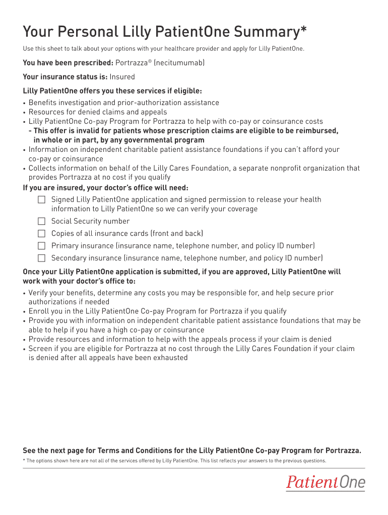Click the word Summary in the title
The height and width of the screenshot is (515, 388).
coord(260,33)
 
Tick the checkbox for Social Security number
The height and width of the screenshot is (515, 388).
coord(41,221)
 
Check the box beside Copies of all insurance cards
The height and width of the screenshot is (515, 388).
coord(41,233)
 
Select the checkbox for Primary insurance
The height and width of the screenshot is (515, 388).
coord(41,246)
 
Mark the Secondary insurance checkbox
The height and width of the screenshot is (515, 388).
coord(41,258)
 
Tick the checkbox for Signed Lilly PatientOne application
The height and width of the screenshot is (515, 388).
coord(41,200)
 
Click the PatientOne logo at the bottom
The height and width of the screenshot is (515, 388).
coord(326,483)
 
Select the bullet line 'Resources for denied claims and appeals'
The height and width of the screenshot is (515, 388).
coord(98,112)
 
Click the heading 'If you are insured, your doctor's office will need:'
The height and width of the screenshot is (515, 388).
coord(106,188)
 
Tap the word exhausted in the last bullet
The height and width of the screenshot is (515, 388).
coord(168,358)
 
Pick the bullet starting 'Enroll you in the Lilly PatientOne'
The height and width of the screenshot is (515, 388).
coord(157,311)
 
